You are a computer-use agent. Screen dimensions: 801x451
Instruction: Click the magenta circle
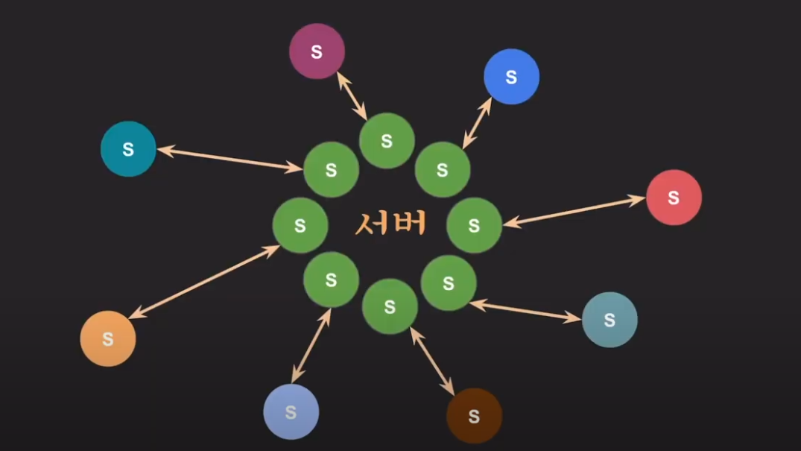point(317,51)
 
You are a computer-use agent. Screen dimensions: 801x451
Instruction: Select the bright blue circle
point(511,77)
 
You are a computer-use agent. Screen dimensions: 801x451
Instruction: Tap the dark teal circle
point(128,149)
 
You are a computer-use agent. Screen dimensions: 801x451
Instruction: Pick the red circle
point(674,198)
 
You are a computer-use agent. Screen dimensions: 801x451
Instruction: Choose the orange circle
point(108,338)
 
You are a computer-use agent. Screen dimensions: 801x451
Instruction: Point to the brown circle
point(474,416)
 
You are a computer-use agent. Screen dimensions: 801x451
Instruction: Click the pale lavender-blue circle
point(291,411)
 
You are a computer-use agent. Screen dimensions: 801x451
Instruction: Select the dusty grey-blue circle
point(610,320)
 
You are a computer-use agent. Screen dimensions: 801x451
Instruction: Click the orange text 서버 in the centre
point(390,223)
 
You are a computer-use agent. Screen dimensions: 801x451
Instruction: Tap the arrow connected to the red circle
point(574,210)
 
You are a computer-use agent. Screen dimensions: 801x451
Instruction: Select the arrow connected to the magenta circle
point(352,95)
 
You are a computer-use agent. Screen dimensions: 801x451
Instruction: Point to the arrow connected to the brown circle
point(432,361)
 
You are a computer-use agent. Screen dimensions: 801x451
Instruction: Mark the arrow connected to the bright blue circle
point(478,122)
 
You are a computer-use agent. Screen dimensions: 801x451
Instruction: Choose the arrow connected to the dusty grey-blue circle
point(525,311)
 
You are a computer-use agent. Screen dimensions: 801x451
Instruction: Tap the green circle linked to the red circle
point(474,224)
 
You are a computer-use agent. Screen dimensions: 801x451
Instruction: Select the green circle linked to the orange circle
point(300,225)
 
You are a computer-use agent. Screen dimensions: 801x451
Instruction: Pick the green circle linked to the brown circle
point(390,306)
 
